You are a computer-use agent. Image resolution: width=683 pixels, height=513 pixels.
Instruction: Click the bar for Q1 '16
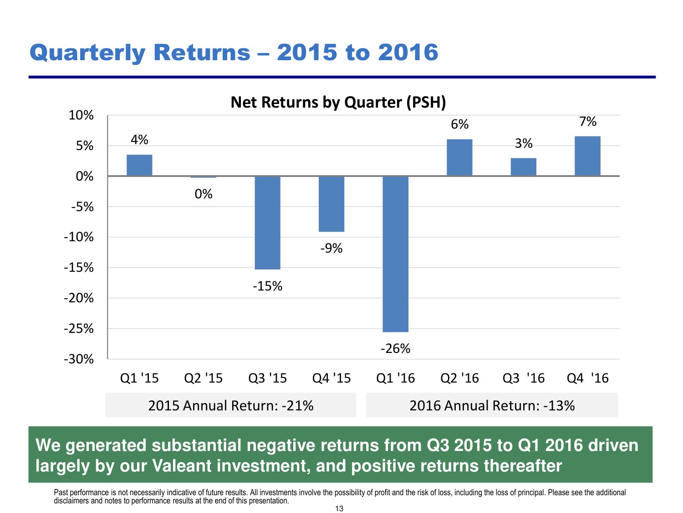(395, 254)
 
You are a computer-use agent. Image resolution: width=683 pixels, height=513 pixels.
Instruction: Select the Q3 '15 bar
(267, 223)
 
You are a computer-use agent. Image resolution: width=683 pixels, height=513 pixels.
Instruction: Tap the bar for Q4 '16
(587, 156)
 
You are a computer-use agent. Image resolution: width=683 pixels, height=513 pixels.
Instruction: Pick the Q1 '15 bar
(139, 165)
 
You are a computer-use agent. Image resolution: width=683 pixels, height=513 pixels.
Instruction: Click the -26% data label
(395, 349)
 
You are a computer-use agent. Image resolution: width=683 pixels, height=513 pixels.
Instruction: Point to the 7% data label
(587, 122)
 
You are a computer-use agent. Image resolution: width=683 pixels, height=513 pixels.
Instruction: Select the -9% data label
(331, 248)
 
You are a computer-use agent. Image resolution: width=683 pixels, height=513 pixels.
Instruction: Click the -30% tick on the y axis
(79, 359)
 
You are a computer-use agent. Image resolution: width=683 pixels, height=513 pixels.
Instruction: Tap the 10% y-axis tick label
(81, 115)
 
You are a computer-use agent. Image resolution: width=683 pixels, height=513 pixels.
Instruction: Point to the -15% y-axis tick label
(79, 268)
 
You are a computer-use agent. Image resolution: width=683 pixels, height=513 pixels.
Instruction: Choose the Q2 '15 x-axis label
(203, 378)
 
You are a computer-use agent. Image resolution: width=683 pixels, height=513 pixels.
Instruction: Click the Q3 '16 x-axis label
(524, 378)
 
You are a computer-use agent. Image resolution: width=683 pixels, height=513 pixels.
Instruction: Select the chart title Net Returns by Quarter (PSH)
(338, 102)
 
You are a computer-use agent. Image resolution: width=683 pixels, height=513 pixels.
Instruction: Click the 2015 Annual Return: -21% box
(231, 405)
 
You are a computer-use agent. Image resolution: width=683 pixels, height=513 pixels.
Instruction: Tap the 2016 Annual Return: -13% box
(492, 405)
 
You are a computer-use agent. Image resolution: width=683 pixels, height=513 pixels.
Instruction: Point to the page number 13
(339, 508)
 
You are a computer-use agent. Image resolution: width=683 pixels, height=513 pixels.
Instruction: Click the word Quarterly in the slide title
(87, 52)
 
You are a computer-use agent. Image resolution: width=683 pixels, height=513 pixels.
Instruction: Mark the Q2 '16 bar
(459, 157)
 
